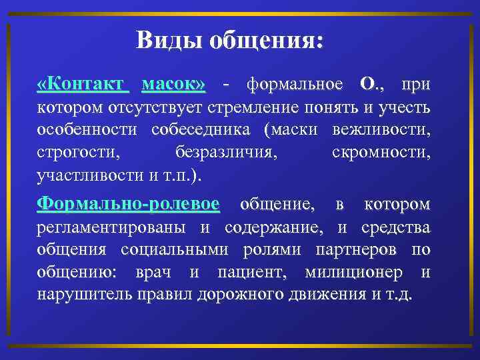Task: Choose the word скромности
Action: point(381,153)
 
